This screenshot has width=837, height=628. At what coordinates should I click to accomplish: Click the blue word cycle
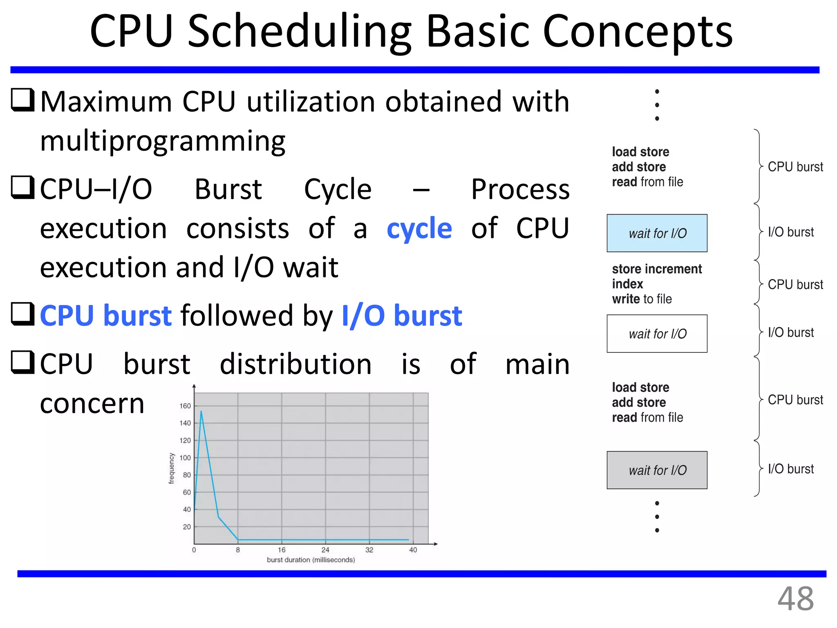click(x=419, y=229)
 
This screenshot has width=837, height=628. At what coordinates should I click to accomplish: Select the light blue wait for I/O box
click(x=657, y=233)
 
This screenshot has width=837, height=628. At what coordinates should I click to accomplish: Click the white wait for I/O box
click(x=657, y=334)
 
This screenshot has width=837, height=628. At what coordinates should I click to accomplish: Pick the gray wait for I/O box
click(x=657, y=470)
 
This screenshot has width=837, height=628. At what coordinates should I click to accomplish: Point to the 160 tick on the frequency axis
click(x=185, y=406)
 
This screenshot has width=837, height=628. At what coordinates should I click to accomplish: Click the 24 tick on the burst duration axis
click(x=325, y=550)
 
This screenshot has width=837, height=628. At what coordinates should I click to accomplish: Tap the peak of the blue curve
click(x=201, y=412)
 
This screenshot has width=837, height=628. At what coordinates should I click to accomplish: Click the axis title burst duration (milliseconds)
click(x=311, y=560)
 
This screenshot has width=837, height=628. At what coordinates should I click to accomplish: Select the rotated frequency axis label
click(x=172, y=469)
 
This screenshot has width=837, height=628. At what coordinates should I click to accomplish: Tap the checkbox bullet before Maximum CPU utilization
click(x=22, y=100)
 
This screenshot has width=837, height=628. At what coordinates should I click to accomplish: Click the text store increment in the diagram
click(x=656, y=269)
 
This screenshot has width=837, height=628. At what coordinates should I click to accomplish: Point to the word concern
click(x=92, y=404)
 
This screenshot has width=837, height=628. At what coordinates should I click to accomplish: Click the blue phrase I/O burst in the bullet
click(x=401, y=316)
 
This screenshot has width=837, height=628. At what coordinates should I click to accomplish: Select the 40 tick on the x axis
click(x=413, y=550)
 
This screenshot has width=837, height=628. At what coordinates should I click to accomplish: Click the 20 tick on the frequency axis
click(x=187, y=527)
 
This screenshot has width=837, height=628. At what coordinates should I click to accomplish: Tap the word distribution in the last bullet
click(x=295, y=364)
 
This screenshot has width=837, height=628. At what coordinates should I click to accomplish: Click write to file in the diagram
click(x=642, y=299)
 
